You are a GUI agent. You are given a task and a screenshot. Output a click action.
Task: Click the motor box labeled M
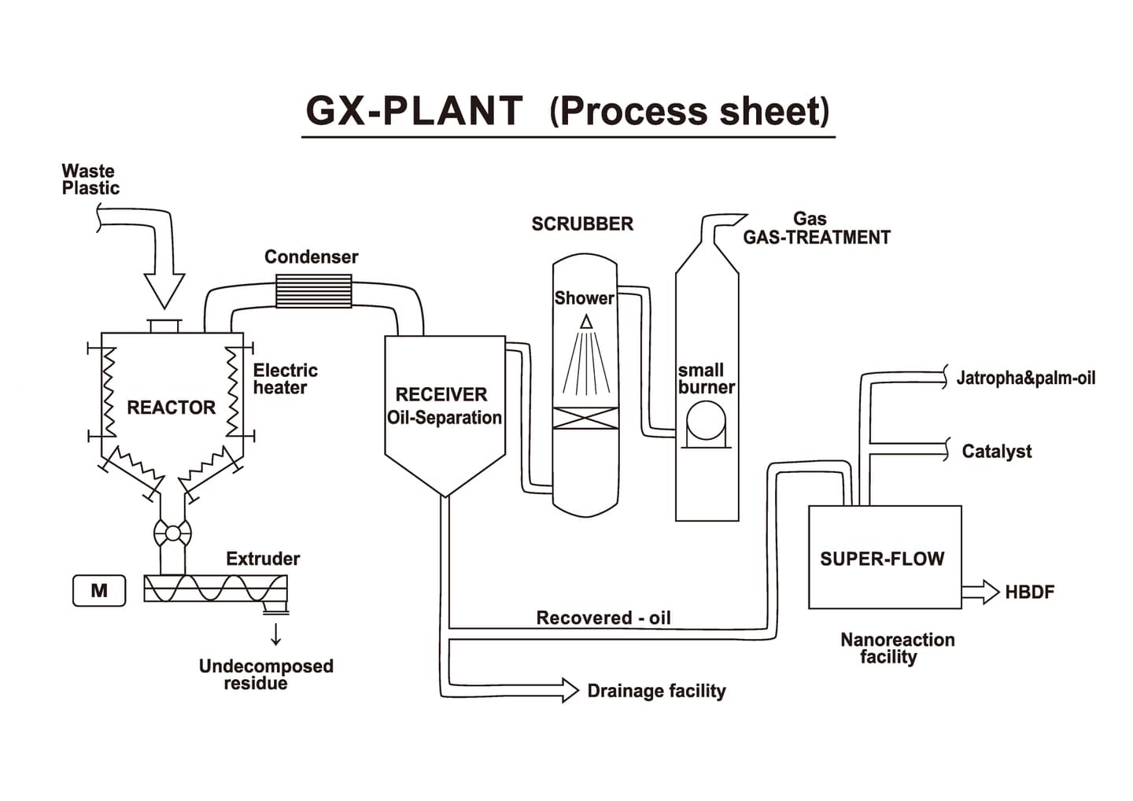tap(99, 591)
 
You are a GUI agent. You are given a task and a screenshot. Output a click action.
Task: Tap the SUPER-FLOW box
tap(884, 557)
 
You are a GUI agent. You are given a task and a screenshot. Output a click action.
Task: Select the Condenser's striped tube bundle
tap(313, 290)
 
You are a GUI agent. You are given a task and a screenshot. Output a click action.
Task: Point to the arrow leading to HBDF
tap(980, 592)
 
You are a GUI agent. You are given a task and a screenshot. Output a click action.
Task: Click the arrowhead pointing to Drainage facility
tap(569, 690)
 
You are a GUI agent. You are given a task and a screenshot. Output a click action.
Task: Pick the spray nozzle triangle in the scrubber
tap(586, 321)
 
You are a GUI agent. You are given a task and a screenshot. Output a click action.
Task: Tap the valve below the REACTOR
tap(172, 533)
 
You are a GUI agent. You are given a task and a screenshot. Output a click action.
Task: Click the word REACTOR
tap(171, 408)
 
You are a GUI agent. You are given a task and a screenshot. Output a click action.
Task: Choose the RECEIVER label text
tap(441, 394)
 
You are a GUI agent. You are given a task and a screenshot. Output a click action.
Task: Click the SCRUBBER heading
tap(582, 224)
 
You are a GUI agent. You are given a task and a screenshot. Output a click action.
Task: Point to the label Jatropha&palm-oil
tap(1025, 378)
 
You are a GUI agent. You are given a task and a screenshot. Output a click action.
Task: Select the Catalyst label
tap(996, 452)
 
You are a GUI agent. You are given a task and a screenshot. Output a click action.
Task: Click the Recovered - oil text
tap(603, 618)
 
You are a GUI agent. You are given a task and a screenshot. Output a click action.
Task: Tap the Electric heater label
tap(285, 378)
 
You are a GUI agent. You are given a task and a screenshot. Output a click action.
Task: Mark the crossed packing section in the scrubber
tap(585, 418)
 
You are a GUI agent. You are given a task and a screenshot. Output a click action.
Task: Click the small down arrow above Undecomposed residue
tap(275, 633)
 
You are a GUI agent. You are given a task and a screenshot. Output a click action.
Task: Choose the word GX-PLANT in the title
tap(414, 111)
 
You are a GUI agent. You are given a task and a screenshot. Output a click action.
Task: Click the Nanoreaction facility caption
tap(897, 648)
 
